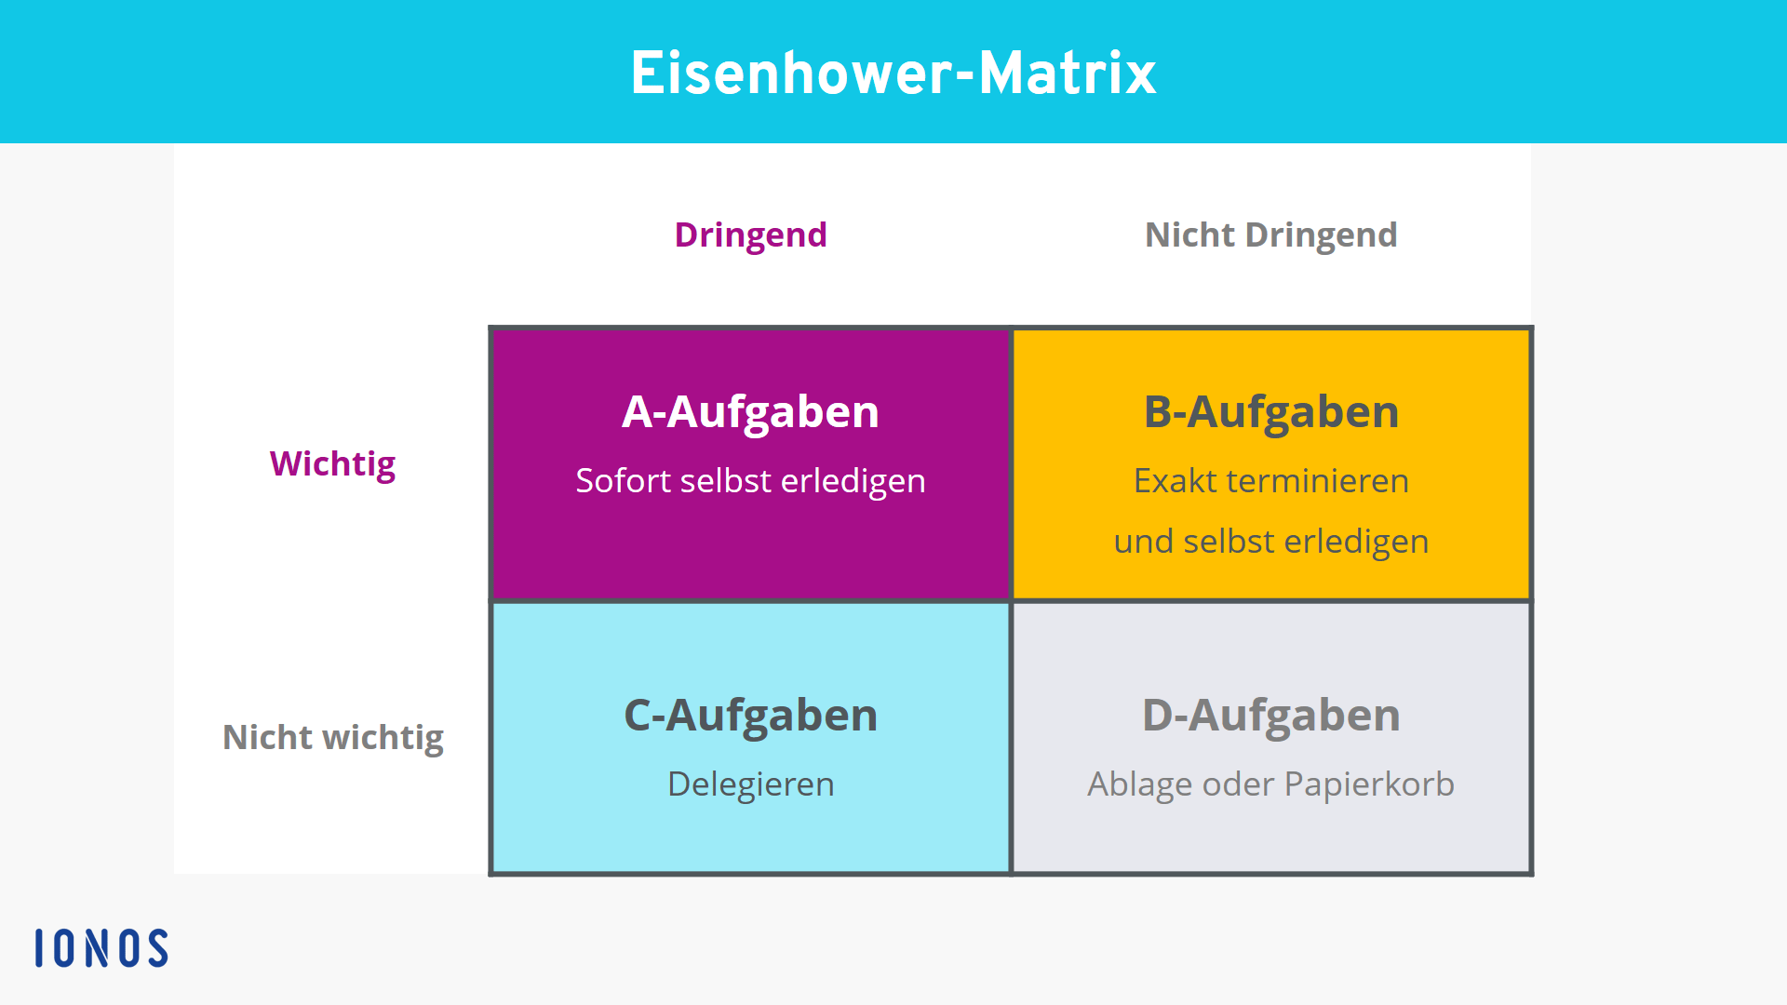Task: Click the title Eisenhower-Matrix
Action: (x=893, y=73)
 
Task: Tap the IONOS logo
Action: (x=101, y=948)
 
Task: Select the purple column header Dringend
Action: (x=750, y=235)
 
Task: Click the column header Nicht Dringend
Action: (x=1270, y=235)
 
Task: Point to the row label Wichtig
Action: (x=332, y=464)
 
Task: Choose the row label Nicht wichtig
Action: (x=332, y=738)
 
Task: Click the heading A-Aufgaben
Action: (x=750, y=412)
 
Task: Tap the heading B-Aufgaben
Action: (x=1270, y=412)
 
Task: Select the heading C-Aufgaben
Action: (x=750, y=716)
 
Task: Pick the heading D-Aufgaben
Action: (x=1270, y=716)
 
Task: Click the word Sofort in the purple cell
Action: (x=624, y=481)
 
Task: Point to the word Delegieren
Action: (x=750, y=785)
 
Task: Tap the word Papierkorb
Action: (x=1369, y=785)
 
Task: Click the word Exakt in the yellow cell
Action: (x=1176, y=481)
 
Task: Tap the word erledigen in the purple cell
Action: (x=853, y=482)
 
